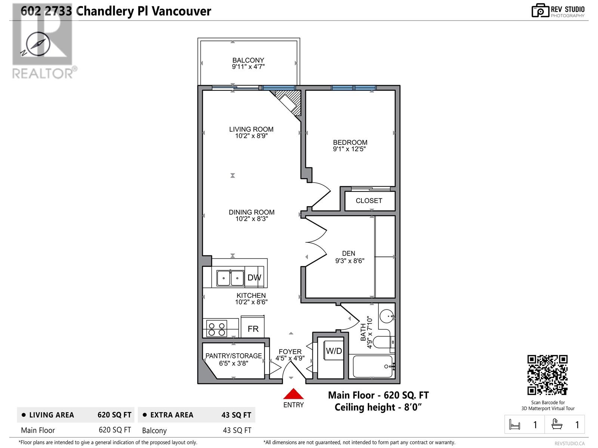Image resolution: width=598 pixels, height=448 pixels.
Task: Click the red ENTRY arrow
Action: [x=293, y=393]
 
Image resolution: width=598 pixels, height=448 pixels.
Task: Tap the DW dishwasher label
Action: [x=254, y=277]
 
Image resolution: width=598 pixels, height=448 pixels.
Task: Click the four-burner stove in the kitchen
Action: [x=217, y=329]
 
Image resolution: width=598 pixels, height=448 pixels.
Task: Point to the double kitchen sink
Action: [x=231, y=278]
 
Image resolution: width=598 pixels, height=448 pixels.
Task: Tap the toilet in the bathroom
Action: [x=383, y=342]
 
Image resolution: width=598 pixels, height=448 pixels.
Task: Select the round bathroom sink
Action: [x=386, y=316]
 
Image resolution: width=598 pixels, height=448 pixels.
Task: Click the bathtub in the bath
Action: [x=373, y=366]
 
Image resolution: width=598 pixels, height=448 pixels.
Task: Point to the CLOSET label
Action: [x=369, y=201]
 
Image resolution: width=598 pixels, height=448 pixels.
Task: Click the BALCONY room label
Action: [x=248, y=60]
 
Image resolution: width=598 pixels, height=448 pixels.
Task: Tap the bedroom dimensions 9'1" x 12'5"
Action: [x=349, y=149]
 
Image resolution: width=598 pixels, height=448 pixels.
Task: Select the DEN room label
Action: [x=348, y=253]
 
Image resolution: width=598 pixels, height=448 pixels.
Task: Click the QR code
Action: [x=547, y=375]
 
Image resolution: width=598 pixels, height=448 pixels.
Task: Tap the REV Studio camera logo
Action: [x=540, y=10]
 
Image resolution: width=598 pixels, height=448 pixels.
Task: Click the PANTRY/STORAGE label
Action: [x=234, y=356]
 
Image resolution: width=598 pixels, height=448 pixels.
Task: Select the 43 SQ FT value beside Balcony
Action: [x=237, y=430]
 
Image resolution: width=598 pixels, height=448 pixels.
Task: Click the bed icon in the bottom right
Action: [x=515, y=424]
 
